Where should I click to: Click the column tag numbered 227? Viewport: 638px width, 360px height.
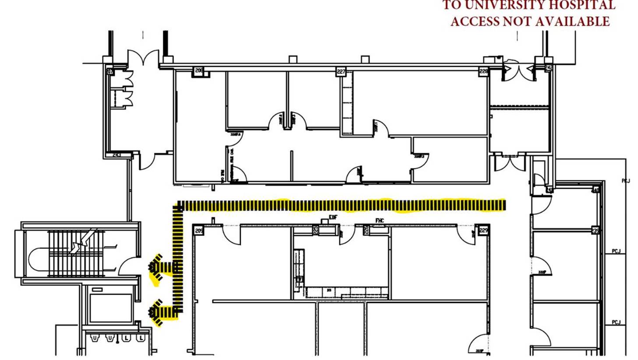pos(341,71)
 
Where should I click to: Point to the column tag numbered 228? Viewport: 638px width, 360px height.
pos(483,71)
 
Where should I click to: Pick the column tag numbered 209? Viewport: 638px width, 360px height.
pos(199,231)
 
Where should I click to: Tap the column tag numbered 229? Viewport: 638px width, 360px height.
pos(483,230)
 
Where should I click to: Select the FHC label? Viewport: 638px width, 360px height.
pos(379,221)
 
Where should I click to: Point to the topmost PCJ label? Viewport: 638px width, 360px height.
pos(626,180)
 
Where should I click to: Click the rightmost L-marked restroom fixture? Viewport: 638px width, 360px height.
pos(141,338)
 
